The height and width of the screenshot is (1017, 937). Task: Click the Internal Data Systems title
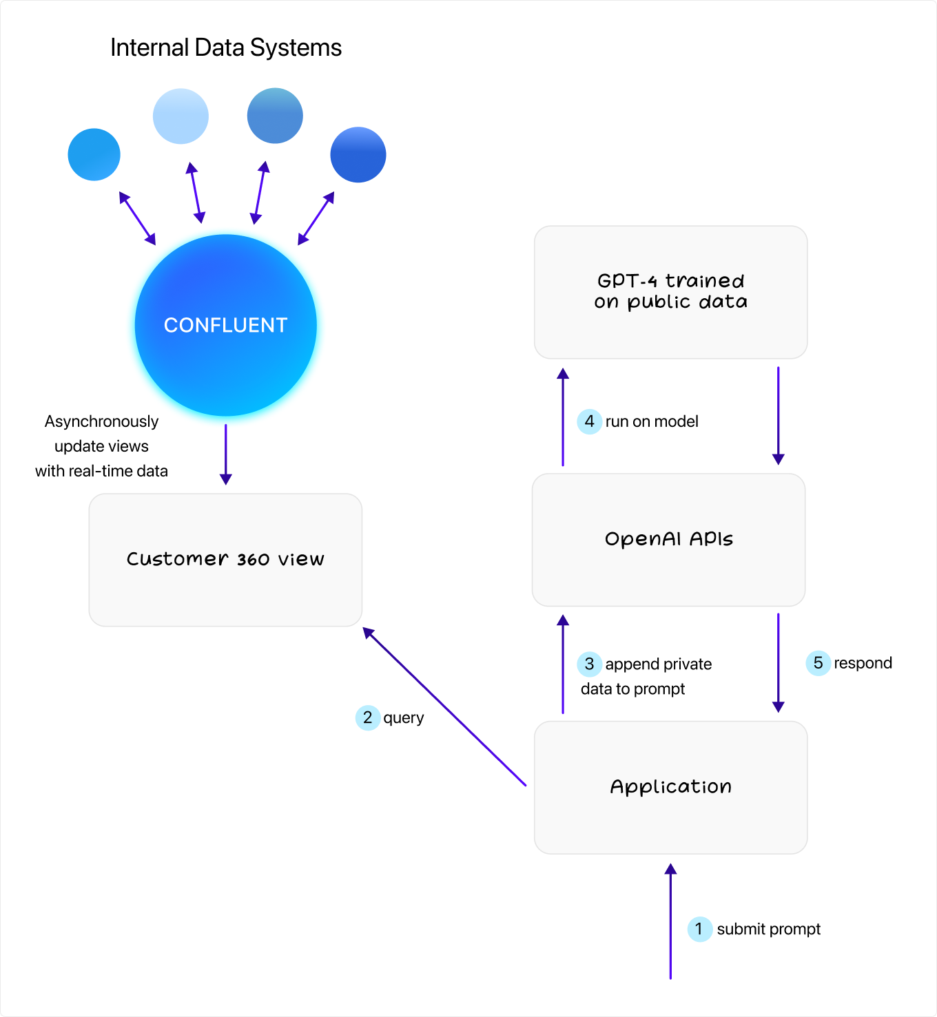coord(226,48)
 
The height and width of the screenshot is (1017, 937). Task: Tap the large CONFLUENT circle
coord(226,325)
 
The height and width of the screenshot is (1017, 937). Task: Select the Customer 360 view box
coord(225,560)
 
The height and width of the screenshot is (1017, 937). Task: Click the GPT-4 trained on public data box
coord(670,292)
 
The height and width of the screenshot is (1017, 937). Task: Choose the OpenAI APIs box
coord(668,539)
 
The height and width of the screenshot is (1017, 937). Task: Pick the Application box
coord(670,787)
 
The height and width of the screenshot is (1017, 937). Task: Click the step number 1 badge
coord(699,929)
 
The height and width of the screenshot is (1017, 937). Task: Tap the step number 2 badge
coord(368,717)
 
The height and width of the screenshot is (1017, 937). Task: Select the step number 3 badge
coord(589,664)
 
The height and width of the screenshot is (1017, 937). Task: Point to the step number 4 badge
coord(589,421)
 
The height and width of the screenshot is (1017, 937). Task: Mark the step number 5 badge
coord(818,663)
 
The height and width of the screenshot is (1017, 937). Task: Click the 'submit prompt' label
coord(768,929)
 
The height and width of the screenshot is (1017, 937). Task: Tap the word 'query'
coord(404,717)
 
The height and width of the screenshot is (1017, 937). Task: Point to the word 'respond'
coord(863,663)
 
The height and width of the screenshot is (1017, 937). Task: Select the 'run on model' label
coord(652,421)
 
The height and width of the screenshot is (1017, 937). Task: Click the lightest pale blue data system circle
coord(181,116)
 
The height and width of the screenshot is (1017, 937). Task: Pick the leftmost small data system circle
coord(94,155)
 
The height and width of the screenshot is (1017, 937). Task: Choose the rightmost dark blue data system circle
coord(358,155)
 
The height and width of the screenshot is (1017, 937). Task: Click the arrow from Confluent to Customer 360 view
coord(225,454)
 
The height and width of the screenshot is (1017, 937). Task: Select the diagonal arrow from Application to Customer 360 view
coord(444,706)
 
